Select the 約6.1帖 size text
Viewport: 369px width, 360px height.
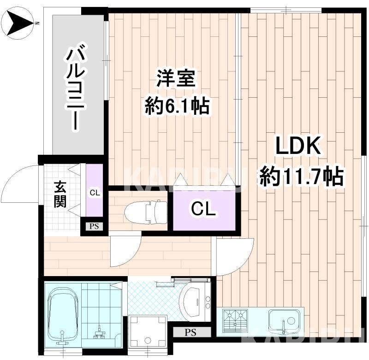177,106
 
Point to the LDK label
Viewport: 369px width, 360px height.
298,147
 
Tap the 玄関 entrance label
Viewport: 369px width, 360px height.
60,194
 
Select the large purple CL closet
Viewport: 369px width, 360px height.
204,210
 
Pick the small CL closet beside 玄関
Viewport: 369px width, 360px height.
95,192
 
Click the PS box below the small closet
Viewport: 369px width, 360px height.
94,226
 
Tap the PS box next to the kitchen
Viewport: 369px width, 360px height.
190,332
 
